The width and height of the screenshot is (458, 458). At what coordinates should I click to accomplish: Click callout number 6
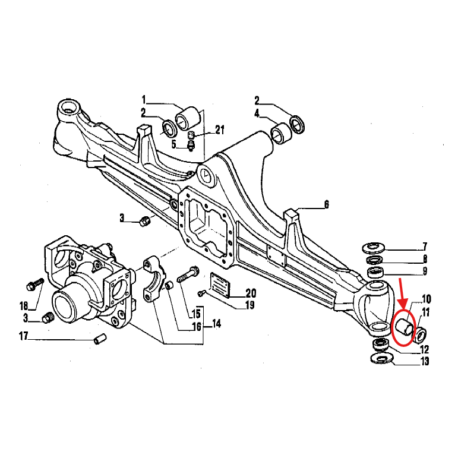coord(327,204)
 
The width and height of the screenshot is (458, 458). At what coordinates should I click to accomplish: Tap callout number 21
coord(219,129)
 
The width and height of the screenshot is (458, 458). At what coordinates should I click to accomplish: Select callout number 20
coord(250,293)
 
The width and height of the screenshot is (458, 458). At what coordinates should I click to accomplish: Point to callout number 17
coord(24,336)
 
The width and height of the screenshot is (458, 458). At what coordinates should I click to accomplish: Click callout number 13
coord(424,361)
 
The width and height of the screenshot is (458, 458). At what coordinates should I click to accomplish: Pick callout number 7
coord(425,247)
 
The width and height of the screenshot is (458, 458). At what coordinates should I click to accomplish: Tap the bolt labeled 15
coord(188,275)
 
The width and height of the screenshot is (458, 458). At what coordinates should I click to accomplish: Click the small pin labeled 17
coord(100,339)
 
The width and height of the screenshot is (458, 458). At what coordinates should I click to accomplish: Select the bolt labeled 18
coord(35,284)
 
